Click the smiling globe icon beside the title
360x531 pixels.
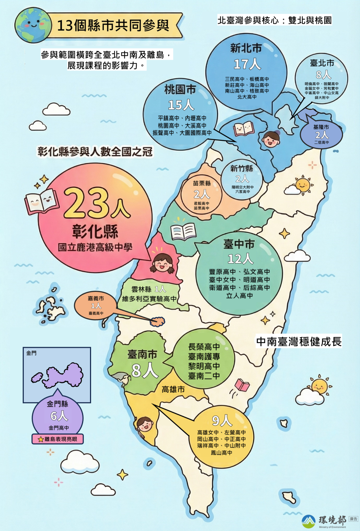33,25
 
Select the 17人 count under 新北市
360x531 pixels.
247,64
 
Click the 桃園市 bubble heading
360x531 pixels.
180,89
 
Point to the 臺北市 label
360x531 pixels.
322,63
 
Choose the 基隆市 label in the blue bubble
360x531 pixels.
321,127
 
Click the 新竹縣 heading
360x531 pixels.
242,168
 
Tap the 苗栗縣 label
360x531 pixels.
202,183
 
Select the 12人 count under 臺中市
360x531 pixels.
240,258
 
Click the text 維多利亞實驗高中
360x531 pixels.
149,299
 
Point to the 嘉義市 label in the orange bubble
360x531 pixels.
96,298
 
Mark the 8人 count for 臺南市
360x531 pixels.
145,370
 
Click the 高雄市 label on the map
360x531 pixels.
173,389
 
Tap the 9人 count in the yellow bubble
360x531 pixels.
222,420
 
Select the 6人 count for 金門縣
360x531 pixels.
59,416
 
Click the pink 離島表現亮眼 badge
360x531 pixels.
58,439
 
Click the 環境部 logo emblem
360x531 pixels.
309,521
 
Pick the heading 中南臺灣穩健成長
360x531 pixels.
299,341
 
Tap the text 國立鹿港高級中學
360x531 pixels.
95,247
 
